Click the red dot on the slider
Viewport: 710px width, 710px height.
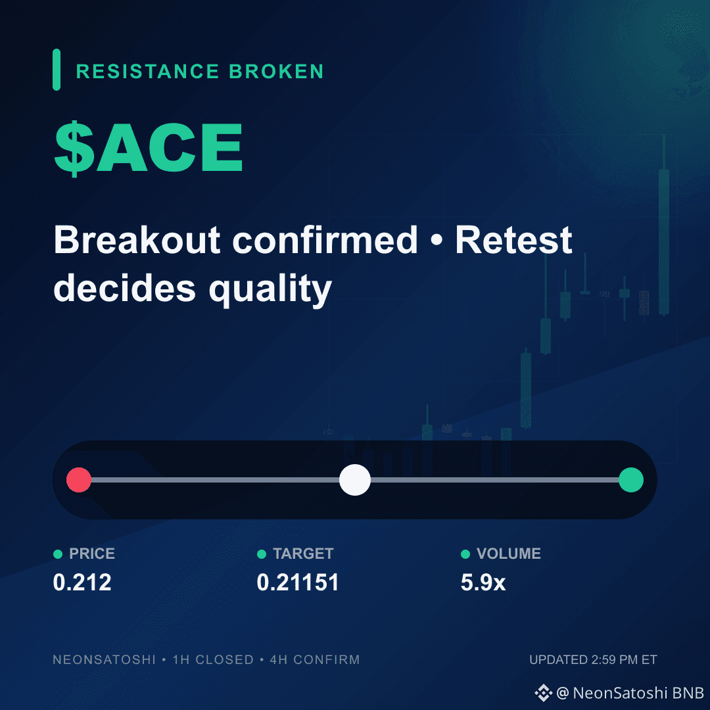(79, 480)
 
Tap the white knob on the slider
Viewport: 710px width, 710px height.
(355, 480)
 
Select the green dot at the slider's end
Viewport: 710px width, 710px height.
(631, 480)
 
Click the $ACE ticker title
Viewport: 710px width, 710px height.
(149, 148)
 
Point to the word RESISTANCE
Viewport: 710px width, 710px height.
(148, 72)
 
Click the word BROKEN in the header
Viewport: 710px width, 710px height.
(277, 72)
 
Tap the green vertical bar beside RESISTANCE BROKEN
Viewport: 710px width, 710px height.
(57, 70)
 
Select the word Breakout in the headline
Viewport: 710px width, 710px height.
(137, 240)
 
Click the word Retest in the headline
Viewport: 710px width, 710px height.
(514, 240)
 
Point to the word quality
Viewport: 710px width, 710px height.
(270, 290)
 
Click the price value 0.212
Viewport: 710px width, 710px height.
(82, 582)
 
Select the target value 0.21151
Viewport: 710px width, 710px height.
(298, 582)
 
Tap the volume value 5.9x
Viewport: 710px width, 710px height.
(483, 582)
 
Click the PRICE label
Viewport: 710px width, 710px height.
(92, 554)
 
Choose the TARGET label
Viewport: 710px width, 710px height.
(303, 554)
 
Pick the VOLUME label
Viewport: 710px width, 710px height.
(509, 554)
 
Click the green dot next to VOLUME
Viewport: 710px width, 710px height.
(465, 554)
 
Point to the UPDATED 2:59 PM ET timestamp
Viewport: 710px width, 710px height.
(593, 660)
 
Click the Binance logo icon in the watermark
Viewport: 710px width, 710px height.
(544, 693)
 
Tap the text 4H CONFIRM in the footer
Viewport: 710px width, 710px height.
(315, 660)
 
